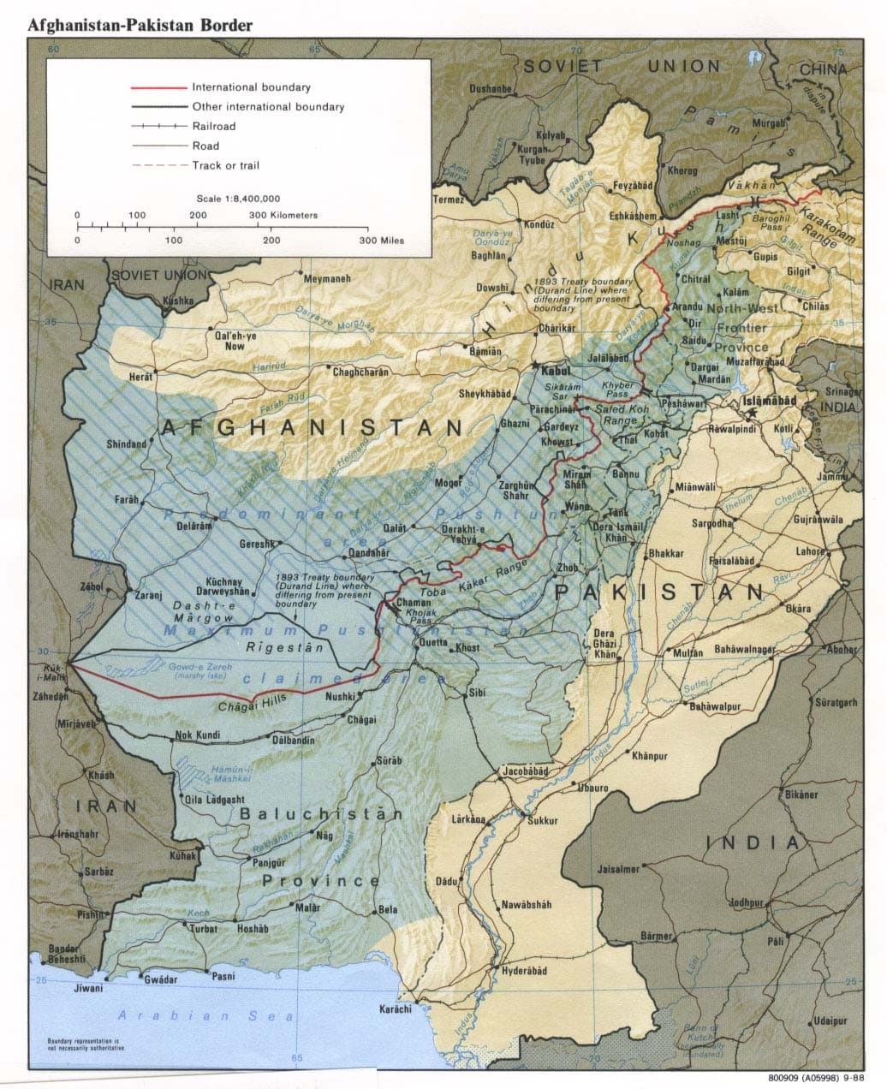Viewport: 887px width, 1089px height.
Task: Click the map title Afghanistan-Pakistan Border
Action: pos(140,25)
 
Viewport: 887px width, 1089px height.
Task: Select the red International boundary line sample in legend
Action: pos(158,87)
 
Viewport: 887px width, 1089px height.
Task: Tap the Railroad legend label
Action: pos(213,127)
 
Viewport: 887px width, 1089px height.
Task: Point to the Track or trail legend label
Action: pos(225,165)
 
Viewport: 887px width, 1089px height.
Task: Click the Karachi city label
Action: pos(396,1009)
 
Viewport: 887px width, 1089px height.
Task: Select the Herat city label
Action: pos(140,377)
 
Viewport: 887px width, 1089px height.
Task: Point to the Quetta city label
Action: pos(433,642)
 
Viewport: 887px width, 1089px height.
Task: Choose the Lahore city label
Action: pos(810,552)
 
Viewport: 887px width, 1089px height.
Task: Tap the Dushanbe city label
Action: pos(491,89)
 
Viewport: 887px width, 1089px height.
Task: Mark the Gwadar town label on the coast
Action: pos(161,979)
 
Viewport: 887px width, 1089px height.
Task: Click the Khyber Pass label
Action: pos(617,390)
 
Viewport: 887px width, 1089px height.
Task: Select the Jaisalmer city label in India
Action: pos(618,869)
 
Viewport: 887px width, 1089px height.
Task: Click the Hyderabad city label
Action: pos(523,972)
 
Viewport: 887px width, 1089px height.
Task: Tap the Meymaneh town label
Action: pos(327,279)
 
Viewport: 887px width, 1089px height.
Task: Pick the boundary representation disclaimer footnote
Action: pos(83,1044)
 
